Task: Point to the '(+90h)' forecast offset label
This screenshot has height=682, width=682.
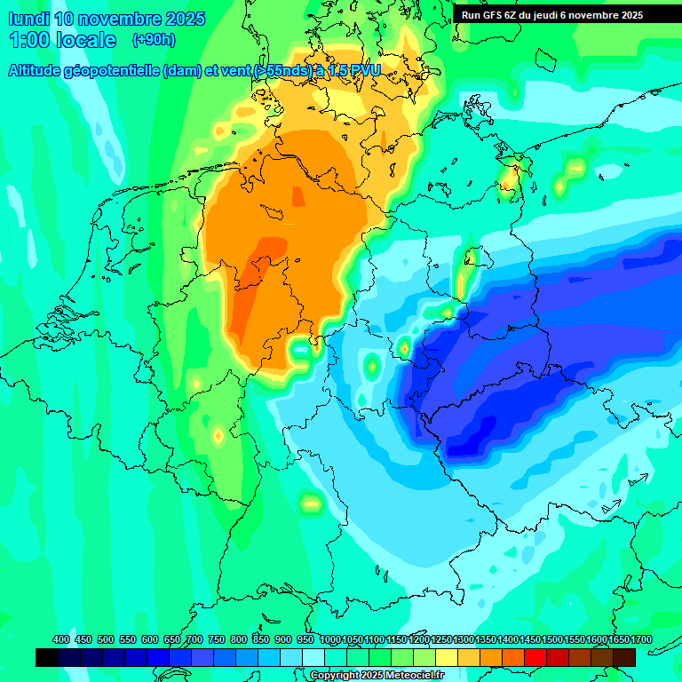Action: pos(154,40)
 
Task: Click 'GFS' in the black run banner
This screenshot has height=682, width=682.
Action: pos(492,15)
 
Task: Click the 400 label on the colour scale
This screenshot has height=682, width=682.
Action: pos(61,639)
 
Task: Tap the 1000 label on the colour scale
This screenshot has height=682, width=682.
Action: pos(329,639)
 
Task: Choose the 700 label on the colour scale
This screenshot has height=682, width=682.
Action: pos(194,639)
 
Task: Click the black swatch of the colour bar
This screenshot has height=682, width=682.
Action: pos(47,657)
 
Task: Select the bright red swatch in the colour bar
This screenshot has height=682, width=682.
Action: pos(535,657)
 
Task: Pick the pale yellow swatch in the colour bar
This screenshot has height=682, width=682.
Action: pos(447,657)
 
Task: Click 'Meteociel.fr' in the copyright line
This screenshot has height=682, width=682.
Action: pos(415,676)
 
